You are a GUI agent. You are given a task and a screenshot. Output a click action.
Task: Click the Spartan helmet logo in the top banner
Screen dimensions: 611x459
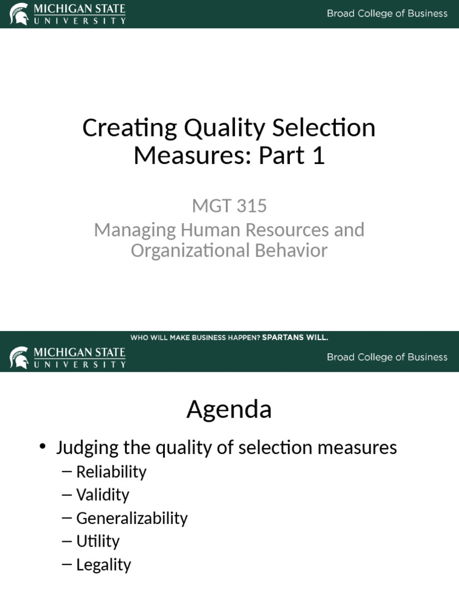point(19,13)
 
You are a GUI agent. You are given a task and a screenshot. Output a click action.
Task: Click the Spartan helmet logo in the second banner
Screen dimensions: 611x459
point(19,357)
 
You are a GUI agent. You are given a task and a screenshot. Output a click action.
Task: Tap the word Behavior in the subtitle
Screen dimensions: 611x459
point(293,251)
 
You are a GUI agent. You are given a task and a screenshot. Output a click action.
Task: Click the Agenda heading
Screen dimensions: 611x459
point(229,410)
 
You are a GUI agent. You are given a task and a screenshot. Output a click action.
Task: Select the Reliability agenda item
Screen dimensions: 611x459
point(111,472)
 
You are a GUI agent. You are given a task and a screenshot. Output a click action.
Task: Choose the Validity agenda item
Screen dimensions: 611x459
point(103,495)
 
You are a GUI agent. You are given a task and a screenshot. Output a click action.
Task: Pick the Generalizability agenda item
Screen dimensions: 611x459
point(131,519)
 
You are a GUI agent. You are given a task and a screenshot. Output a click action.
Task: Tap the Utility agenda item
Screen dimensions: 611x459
point(98,542)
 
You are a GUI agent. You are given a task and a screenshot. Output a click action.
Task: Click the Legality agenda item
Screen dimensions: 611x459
point(103,565)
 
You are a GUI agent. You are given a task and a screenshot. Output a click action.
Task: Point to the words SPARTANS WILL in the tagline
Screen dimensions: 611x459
point(295,338)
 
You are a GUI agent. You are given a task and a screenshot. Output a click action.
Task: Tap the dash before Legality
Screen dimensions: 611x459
point(67,565)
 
